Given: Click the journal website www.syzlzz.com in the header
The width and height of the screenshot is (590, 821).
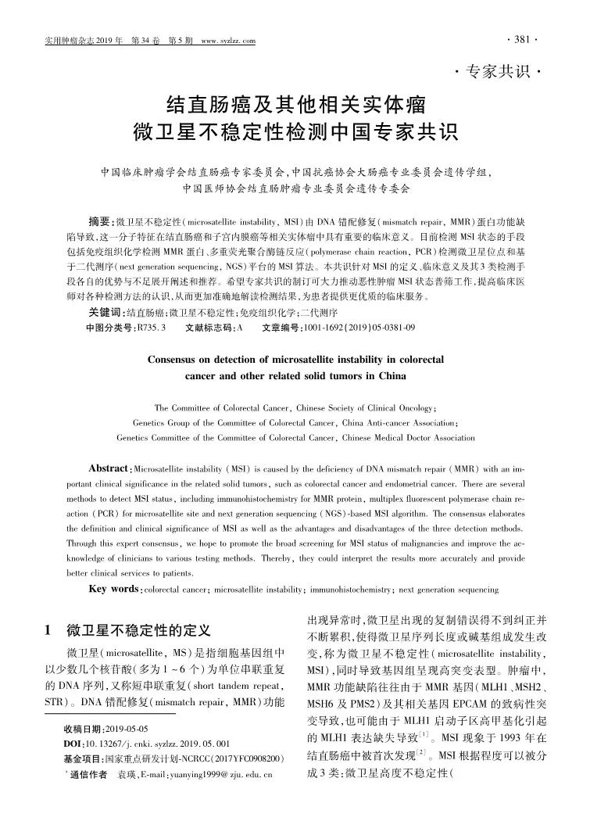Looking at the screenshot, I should pos(229,41).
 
